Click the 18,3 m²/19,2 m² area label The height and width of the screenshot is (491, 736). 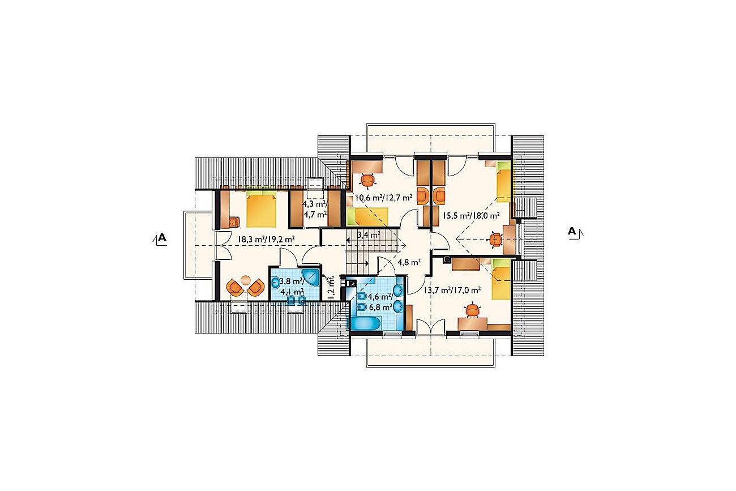click(266, 239)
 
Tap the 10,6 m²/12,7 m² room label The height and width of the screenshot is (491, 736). click(384, 198)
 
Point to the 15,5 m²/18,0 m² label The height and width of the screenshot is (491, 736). click(471, 216)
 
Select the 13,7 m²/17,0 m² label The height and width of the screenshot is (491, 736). click(452, 290)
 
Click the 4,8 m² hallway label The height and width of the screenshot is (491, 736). click(409, 262)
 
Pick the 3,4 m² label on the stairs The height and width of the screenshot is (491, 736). click(369, 234)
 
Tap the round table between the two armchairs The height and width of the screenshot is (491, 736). click(246, 280)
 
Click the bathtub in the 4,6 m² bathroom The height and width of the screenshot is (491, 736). click(365, 323)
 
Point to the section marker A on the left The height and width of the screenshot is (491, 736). click(160, 238)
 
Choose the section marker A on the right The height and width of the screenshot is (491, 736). click(576, 232)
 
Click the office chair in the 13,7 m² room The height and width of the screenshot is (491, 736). click(472, 310)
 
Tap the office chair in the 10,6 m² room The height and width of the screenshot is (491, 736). click(367, 180)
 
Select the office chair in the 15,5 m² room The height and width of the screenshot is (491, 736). click(495, 240)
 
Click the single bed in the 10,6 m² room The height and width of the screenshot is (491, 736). click(367, 216)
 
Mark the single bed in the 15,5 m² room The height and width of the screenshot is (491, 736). click(503, 181)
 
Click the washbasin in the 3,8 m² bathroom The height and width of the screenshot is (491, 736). click(275, 281)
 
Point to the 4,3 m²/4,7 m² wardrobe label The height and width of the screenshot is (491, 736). click(315, 209)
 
